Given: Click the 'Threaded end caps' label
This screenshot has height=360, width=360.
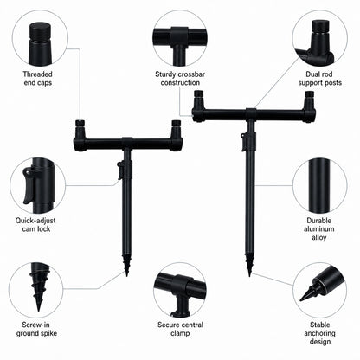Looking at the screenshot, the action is click(x=37, y=79).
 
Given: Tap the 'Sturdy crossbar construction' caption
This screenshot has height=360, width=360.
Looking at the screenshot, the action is click(x=180, y=79).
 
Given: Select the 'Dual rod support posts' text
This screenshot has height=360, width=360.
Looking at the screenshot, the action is click(x=319, y=79).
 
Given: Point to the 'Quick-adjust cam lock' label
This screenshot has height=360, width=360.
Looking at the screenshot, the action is click(x=35, y=225).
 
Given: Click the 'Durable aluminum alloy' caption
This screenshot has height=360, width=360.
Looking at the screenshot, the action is click(x=319, y=229).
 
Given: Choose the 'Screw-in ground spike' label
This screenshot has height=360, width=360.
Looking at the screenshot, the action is click(x=36, y=329).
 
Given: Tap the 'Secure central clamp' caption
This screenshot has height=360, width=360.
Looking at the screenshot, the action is click(x=180, y=329).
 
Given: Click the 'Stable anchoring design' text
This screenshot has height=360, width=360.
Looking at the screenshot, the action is click(x=319, y=333).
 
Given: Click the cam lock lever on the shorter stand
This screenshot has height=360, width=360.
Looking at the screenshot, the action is click(x=119, y=170).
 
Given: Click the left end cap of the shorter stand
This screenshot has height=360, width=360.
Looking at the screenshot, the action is click(x=80, y=124).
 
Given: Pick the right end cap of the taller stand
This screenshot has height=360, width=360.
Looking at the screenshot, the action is click(x=309, y=94).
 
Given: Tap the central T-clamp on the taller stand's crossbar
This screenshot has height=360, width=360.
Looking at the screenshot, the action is click(x=251, y=114).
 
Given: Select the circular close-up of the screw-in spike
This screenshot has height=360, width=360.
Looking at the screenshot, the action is click(x=35, y=289).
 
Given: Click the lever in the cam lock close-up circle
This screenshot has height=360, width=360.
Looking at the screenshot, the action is click(x=29, y=185).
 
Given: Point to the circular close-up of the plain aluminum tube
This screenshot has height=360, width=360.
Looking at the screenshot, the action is click(x=320, y=185).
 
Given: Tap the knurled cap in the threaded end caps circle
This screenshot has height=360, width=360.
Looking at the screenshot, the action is click(x=38, y=33).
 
